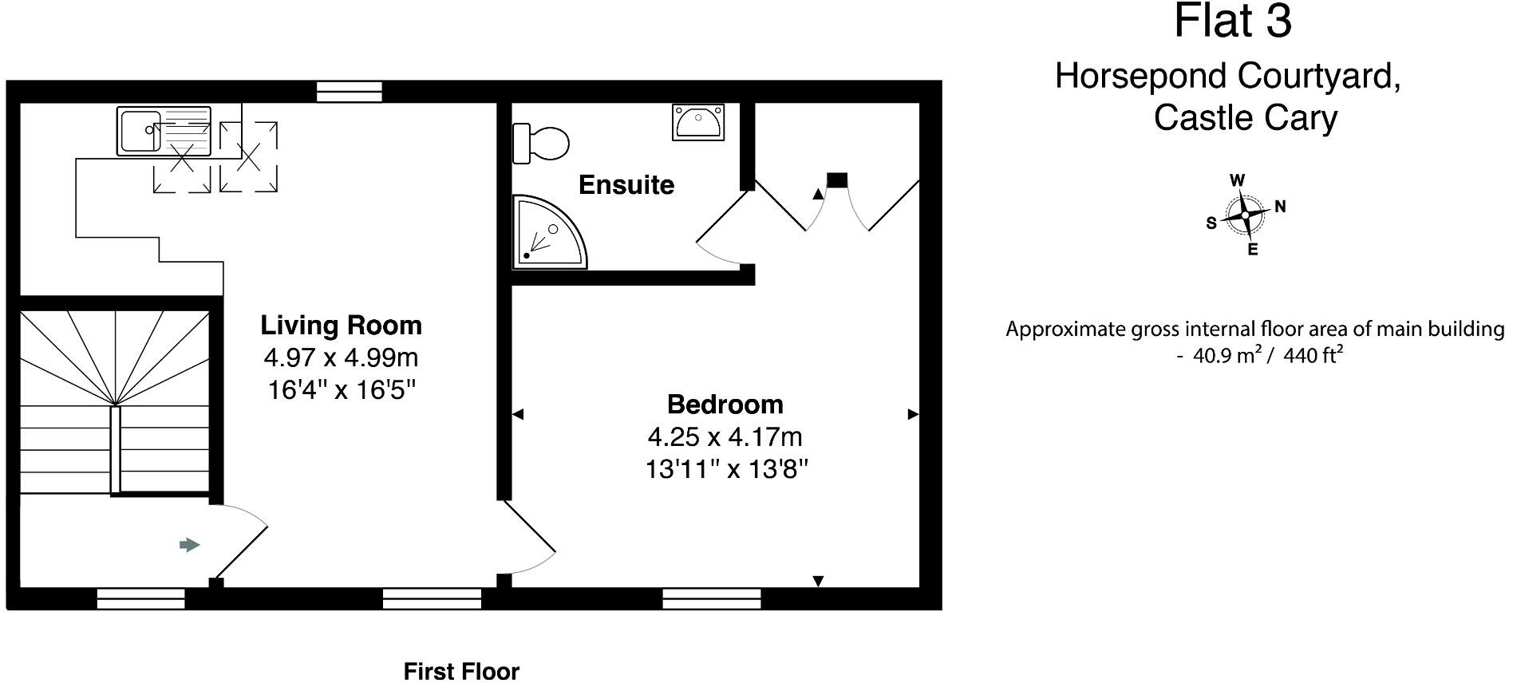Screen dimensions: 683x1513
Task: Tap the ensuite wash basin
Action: [698, 122]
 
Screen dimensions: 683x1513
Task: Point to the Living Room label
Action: [341, 326]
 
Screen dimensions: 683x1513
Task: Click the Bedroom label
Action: [725, 405]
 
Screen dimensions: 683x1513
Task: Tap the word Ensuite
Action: [626, 185]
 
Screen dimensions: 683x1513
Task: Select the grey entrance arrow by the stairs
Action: [189, 545]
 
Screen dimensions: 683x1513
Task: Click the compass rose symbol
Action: [1245, 215]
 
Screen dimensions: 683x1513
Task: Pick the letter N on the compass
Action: [1280, 207]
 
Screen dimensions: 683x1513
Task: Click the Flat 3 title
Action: [1232, 22]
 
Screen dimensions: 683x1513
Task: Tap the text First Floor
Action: [461, 671]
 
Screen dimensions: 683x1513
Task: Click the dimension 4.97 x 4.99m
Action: [341, 357]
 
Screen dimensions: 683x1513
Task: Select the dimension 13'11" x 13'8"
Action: [727, 470]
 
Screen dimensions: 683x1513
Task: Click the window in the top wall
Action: [350, 92]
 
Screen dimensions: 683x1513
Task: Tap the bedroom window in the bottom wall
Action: [712, 598]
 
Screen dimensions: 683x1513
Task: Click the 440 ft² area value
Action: [1314, 356]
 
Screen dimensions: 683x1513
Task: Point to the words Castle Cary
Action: [1245, 118]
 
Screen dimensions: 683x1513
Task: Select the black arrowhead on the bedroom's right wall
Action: [913, 414]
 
